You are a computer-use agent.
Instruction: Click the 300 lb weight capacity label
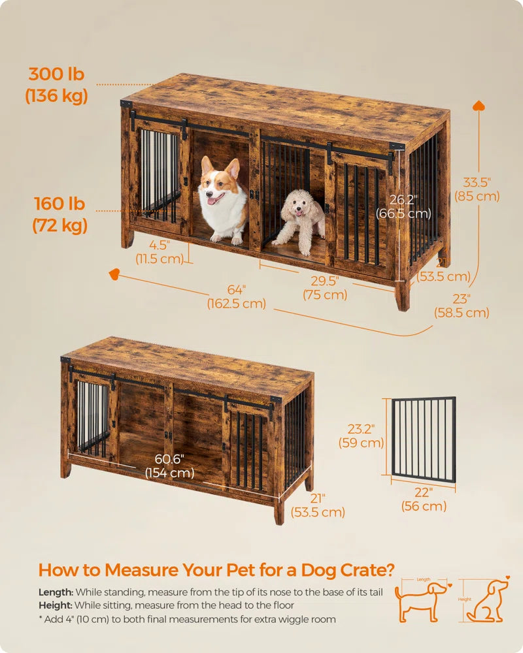(56, 84)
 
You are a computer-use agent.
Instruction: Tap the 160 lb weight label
(59, 214)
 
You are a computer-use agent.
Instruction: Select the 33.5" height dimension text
(477, 189)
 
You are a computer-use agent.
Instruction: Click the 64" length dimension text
(237, 296)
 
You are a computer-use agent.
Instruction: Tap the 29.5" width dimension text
(325, 287)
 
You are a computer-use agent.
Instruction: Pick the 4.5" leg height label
(159, 251)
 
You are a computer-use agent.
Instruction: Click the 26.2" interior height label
(403, 206)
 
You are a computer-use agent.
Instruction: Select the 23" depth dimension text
(462, 305)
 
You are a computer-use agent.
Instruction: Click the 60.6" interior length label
(169, 466)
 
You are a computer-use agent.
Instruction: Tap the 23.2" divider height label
(361, 436)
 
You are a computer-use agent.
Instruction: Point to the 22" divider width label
(424, 499)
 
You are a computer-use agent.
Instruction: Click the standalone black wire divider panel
(424, 441)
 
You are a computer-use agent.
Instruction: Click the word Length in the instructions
(56, 592)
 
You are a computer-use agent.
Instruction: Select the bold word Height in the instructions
(56, 605)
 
